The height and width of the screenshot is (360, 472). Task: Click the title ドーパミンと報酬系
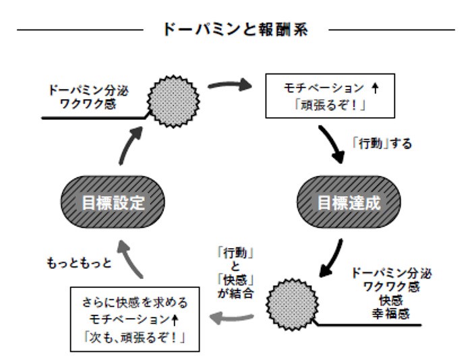click(x=235, y=30)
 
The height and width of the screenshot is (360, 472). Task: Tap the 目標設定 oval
click(x=113, y=202)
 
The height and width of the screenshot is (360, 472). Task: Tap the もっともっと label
click(x=78, y=262)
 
